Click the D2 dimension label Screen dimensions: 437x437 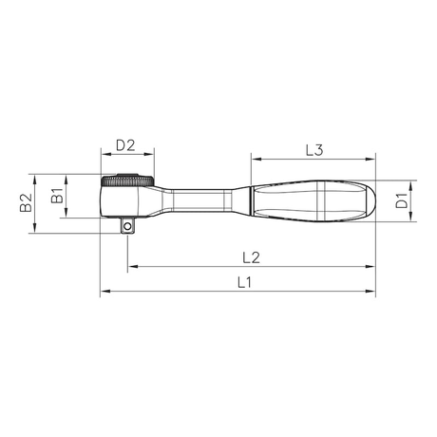point(125,145)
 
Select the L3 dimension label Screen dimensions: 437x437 point(314,150)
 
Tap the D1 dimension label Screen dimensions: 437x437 point(402,200)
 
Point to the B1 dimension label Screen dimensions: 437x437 point(58,196)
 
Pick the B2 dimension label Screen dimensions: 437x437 point(26,202)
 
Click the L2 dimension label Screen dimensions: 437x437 point(251,257)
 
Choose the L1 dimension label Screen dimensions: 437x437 point(244,282)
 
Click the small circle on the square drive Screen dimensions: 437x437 point(127,226)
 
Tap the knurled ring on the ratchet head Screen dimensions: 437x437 point(127,181)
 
